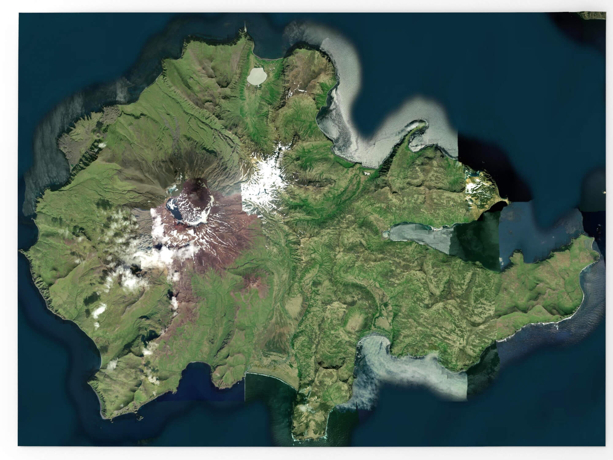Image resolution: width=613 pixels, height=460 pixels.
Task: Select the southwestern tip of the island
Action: [104, 417]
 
